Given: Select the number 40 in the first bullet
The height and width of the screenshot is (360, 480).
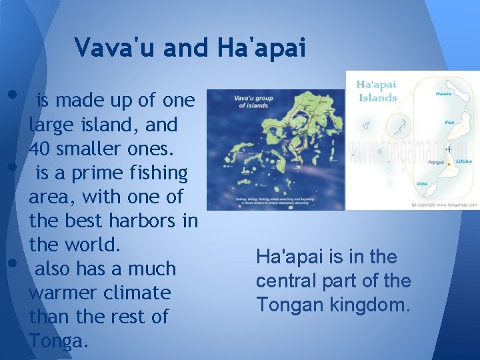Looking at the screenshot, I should (41, 149).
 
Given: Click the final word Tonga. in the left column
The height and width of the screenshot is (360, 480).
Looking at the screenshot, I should (58, 341).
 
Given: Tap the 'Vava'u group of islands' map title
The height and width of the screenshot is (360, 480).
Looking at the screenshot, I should (252, 102).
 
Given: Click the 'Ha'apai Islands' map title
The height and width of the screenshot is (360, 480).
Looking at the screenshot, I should (377, 91).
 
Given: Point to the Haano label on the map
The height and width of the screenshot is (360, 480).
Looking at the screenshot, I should (443, 94).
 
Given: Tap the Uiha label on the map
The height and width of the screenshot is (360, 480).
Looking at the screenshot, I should (422, 183).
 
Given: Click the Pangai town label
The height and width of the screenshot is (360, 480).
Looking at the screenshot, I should (437, 161).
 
